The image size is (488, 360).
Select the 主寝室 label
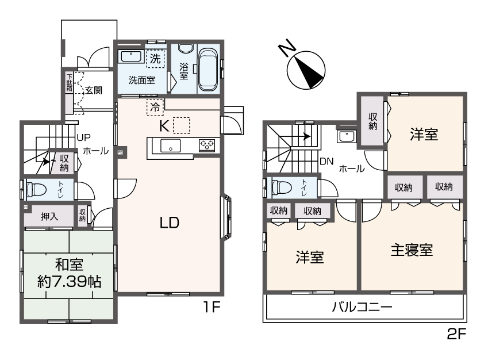(411, 251)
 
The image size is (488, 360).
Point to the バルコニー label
(362, 307)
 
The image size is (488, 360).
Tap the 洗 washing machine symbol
(155, 58)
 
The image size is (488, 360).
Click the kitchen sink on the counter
(171, 145)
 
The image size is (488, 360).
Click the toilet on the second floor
(282, 188)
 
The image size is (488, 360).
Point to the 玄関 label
(94, 90)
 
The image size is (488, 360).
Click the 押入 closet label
(49, 217)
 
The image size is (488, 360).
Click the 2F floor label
(457, 334)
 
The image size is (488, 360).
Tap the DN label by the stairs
(326, 160)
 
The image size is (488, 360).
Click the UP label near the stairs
(84, 138)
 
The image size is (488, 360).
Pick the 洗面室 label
(141, 81)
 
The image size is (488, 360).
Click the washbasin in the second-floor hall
(347, 137)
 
